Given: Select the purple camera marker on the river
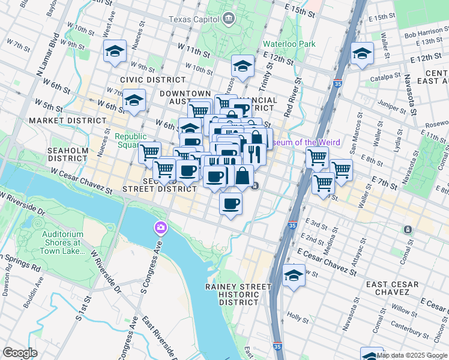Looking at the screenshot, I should (160, 227).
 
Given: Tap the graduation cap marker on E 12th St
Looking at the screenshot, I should (362, 53).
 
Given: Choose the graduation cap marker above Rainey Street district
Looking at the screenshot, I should (293, 275).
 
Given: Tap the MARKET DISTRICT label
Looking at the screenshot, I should (67, 121).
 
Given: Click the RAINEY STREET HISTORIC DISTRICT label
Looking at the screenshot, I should (238, 295).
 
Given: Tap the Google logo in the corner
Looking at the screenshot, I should (20, 352).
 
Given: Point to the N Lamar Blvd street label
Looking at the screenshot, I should (47, 61).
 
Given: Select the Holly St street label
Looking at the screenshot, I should (297, 315).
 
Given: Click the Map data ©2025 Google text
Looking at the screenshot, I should (412, 355).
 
